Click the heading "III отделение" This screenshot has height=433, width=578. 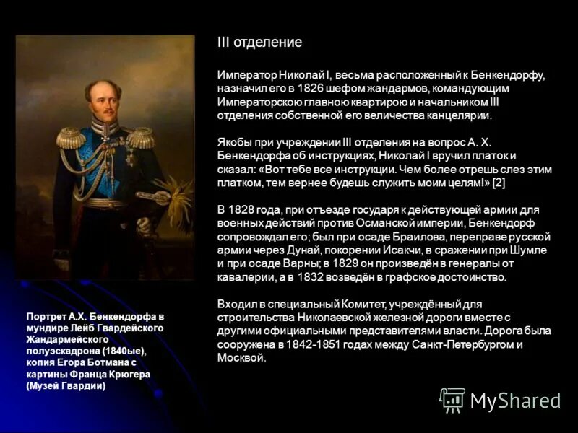click(259, 43)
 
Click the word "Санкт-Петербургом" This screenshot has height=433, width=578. click(454, 344)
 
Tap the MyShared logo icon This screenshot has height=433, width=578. click(452, 400)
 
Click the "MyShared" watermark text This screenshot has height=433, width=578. click(516, 401)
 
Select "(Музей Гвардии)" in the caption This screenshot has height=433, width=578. click(66, 386)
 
